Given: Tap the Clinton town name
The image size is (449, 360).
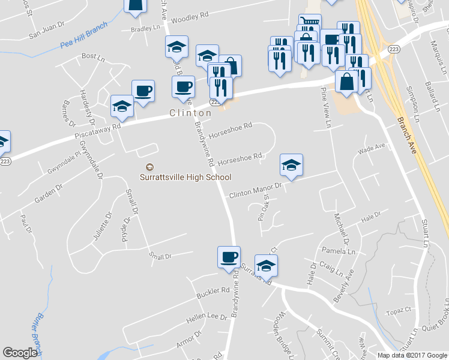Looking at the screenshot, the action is click(190, 113).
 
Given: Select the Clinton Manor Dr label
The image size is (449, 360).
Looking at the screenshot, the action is click(255, 191).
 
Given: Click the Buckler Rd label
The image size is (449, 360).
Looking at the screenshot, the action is click(217, 290).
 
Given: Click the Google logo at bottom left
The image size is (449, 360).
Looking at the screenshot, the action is click(20, 353).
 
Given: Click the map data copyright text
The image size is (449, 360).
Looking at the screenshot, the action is click(412, 355).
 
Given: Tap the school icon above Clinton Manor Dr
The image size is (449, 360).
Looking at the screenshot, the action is click(291, 165).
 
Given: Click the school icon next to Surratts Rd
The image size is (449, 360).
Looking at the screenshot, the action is click(266, 265).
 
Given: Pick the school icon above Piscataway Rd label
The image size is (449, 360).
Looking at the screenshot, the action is click(122, 106).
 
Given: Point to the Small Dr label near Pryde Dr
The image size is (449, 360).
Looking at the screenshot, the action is click(160, 256).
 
